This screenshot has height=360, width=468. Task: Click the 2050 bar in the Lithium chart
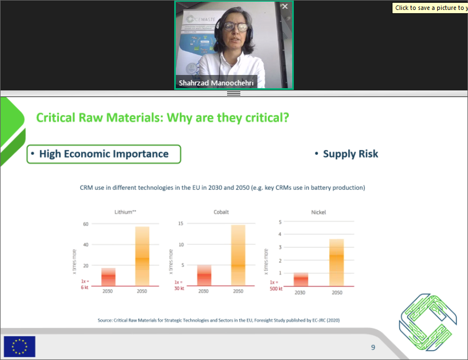pyautogui.click(x=142, y=256)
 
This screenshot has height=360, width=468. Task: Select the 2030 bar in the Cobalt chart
pyautogui.click(x=204, y=275)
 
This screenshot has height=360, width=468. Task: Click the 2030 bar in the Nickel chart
pyautogui.click(x=300, y=279)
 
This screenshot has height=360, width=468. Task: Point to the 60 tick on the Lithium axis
pyautogui.click(x=85, y=224)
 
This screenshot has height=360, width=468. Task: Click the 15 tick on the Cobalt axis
pyautogui.click(x=181, y=223)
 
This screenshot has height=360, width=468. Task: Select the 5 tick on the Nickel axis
pyautogui.click(x=280, y=222)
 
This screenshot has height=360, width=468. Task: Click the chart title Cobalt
pyautogui.click(x=221, y=212)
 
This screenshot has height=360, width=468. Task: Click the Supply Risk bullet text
pyautogui.click(x=351, y=154)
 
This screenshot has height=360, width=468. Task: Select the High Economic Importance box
pyautogui.click(x=104, y=154)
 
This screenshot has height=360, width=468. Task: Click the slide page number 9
pyautogui.click(x=373, y=347)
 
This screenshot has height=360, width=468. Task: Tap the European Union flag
pyautogui.click(x=19, y=346)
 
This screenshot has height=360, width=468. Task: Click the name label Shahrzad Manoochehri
pyautogui.click(x=216, y=83)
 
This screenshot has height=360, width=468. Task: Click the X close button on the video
pyautogui.click(x=284, y=7)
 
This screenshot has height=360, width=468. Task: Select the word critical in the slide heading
pyautogui.click(x=261, y=117)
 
